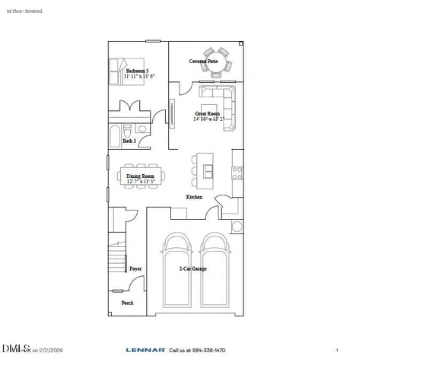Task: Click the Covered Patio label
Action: click(x=203, y=60)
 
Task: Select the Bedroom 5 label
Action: click(x=137, y=71)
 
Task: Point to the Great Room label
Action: click(x=207, y=113)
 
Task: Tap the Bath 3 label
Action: click(x=129, y=141)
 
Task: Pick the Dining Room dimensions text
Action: click(x=141, y=182)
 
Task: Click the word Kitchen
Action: click(x=194, y=197)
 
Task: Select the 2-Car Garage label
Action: click(x=192, y=268)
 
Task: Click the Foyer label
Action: click(x=135, y=268)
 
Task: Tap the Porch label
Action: click(x=127, y=303)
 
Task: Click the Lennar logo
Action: click(x=145, y=350)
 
